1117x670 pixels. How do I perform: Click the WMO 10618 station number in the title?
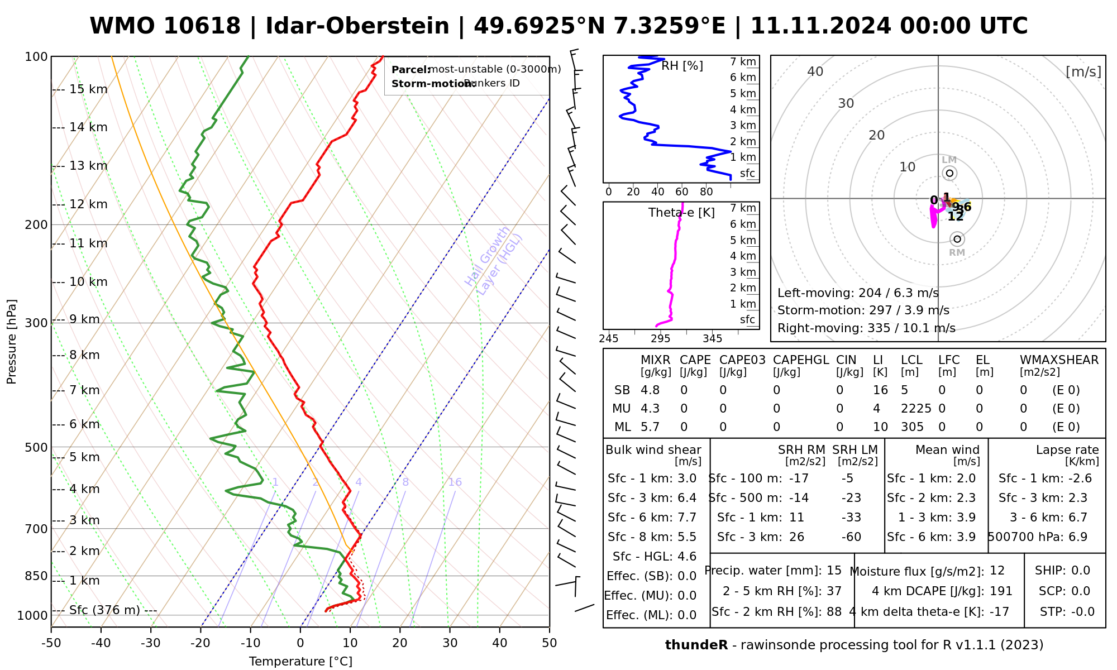click(165, 26)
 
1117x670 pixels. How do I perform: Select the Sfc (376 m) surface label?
click(104, 610)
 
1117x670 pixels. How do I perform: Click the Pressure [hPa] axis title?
click(12, 342)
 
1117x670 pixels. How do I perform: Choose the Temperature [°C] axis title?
click(300, 662)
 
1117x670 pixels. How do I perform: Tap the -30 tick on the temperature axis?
click(151, 643)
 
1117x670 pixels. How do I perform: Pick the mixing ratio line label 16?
click(455, 482)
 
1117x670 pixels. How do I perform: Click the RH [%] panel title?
click(682, 66)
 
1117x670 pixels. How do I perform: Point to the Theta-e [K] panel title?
click(681, 213)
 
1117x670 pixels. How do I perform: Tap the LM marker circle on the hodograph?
click(949, 173)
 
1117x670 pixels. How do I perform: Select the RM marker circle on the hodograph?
click(957, 239)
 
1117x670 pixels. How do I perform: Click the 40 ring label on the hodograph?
click(815, 71)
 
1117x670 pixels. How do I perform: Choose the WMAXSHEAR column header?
click(1059, 360)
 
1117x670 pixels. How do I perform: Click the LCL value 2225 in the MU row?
click(916, 409)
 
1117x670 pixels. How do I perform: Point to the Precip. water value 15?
click(834, 571)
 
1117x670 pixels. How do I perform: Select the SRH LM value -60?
click(851, 537)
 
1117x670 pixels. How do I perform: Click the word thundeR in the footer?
click(696, 645)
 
